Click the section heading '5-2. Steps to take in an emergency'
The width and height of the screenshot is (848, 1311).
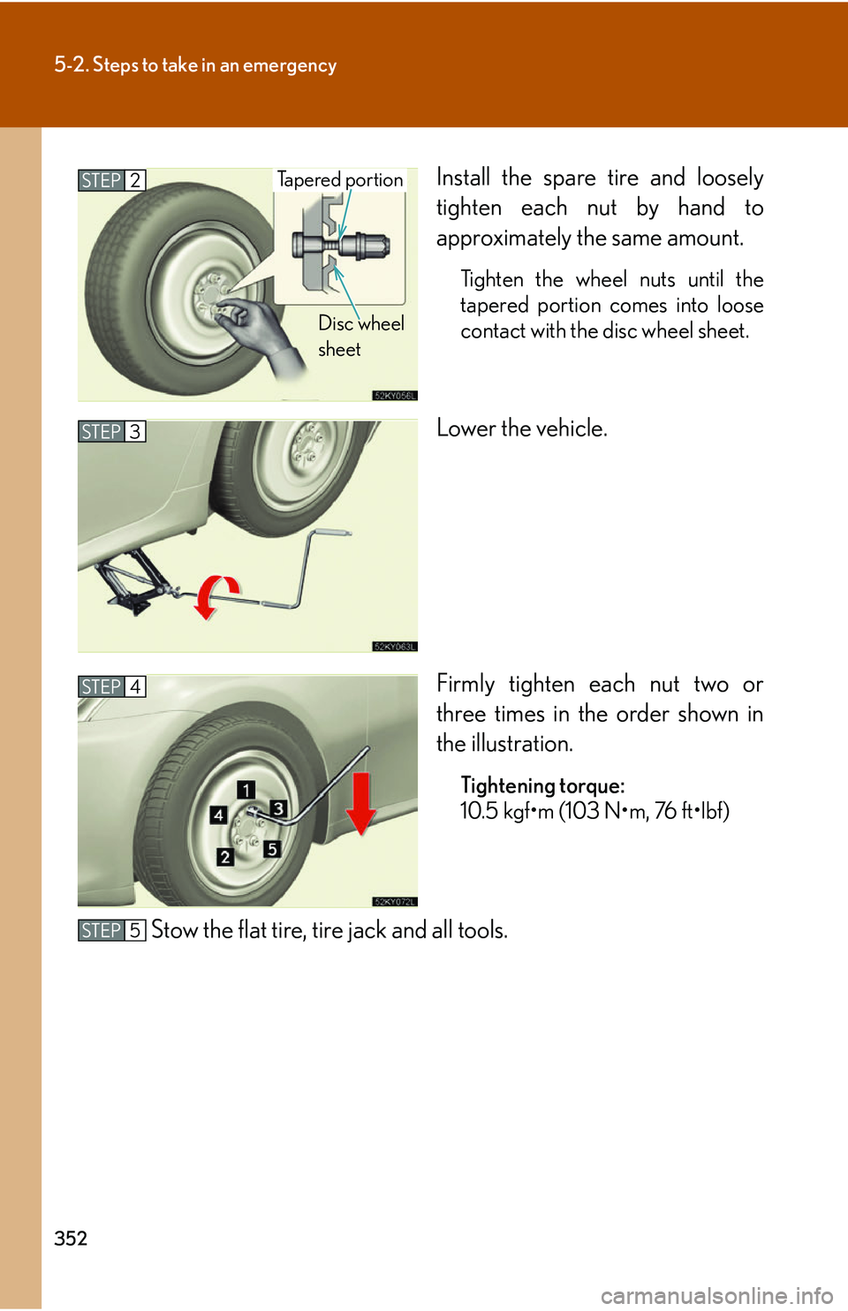195,65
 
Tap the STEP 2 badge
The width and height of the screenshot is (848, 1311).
111,180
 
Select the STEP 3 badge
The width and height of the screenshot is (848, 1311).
111,431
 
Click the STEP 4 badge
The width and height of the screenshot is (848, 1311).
111,686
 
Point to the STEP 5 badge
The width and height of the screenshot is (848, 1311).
111,930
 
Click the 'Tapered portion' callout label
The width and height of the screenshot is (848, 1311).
340,179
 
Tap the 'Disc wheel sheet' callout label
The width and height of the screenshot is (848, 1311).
360,336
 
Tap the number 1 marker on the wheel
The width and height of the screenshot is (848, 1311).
246,789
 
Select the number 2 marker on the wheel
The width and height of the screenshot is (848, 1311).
225,857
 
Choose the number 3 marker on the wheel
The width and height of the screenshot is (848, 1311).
278,808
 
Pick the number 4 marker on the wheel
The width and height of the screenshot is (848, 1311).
218,815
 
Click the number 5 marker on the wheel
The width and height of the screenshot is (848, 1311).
272,849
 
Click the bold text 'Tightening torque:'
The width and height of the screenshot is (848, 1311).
542,785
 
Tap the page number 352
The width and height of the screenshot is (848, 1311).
71,1238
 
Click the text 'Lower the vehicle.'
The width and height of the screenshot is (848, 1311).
522,428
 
